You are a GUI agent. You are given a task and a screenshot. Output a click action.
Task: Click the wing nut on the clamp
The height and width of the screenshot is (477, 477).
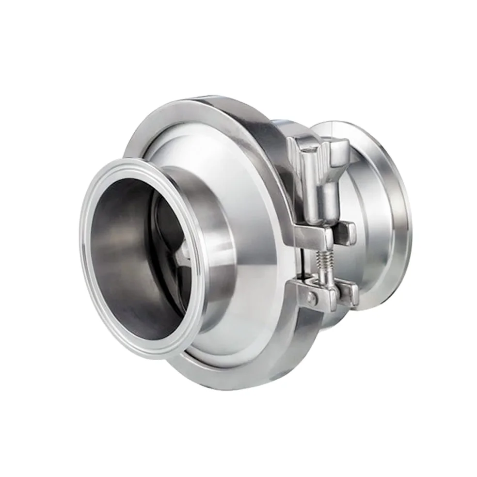[x=320, y=165]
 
